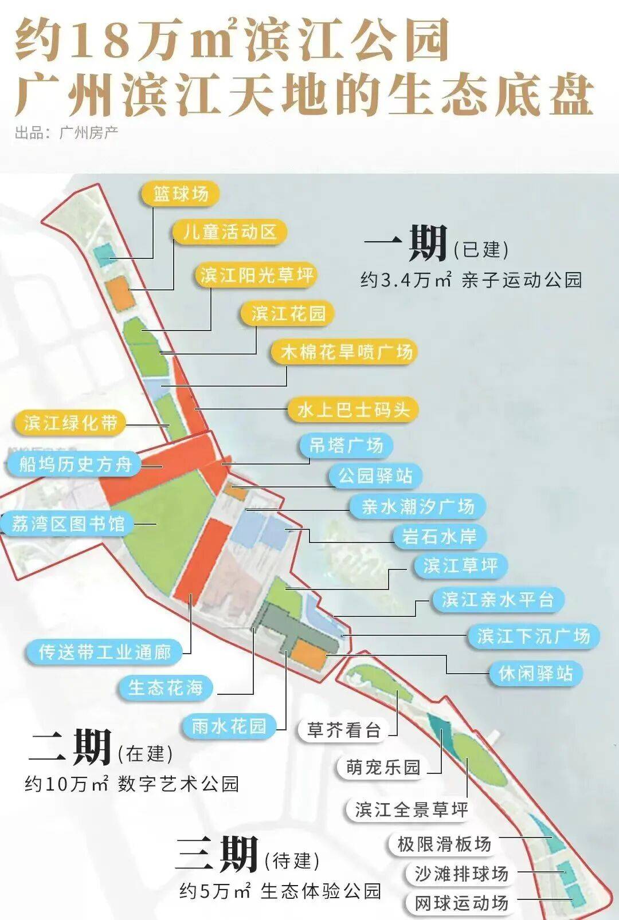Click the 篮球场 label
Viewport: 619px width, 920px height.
point(181,194)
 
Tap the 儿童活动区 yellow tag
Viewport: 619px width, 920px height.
point(229,232)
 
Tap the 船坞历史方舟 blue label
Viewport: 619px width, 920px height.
point(75,463)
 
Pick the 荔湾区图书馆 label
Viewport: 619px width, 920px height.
point(68,524)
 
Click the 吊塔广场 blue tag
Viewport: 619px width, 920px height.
point(346,445)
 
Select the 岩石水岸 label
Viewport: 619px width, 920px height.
point(439,536)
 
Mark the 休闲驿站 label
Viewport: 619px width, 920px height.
point(535,673)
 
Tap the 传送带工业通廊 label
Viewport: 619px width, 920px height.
point(105,652)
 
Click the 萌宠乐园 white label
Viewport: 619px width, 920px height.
point(383,767)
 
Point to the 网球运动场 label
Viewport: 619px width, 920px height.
point(461,903)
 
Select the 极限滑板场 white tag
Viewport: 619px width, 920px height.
point(444,844)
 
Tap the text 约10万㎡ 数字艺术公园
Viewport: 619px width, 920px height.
point(131,784)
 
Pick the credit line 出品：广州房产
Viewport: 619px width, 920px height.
point(66,133)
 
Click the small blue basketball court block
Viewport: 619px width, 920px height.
point(105,254)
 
